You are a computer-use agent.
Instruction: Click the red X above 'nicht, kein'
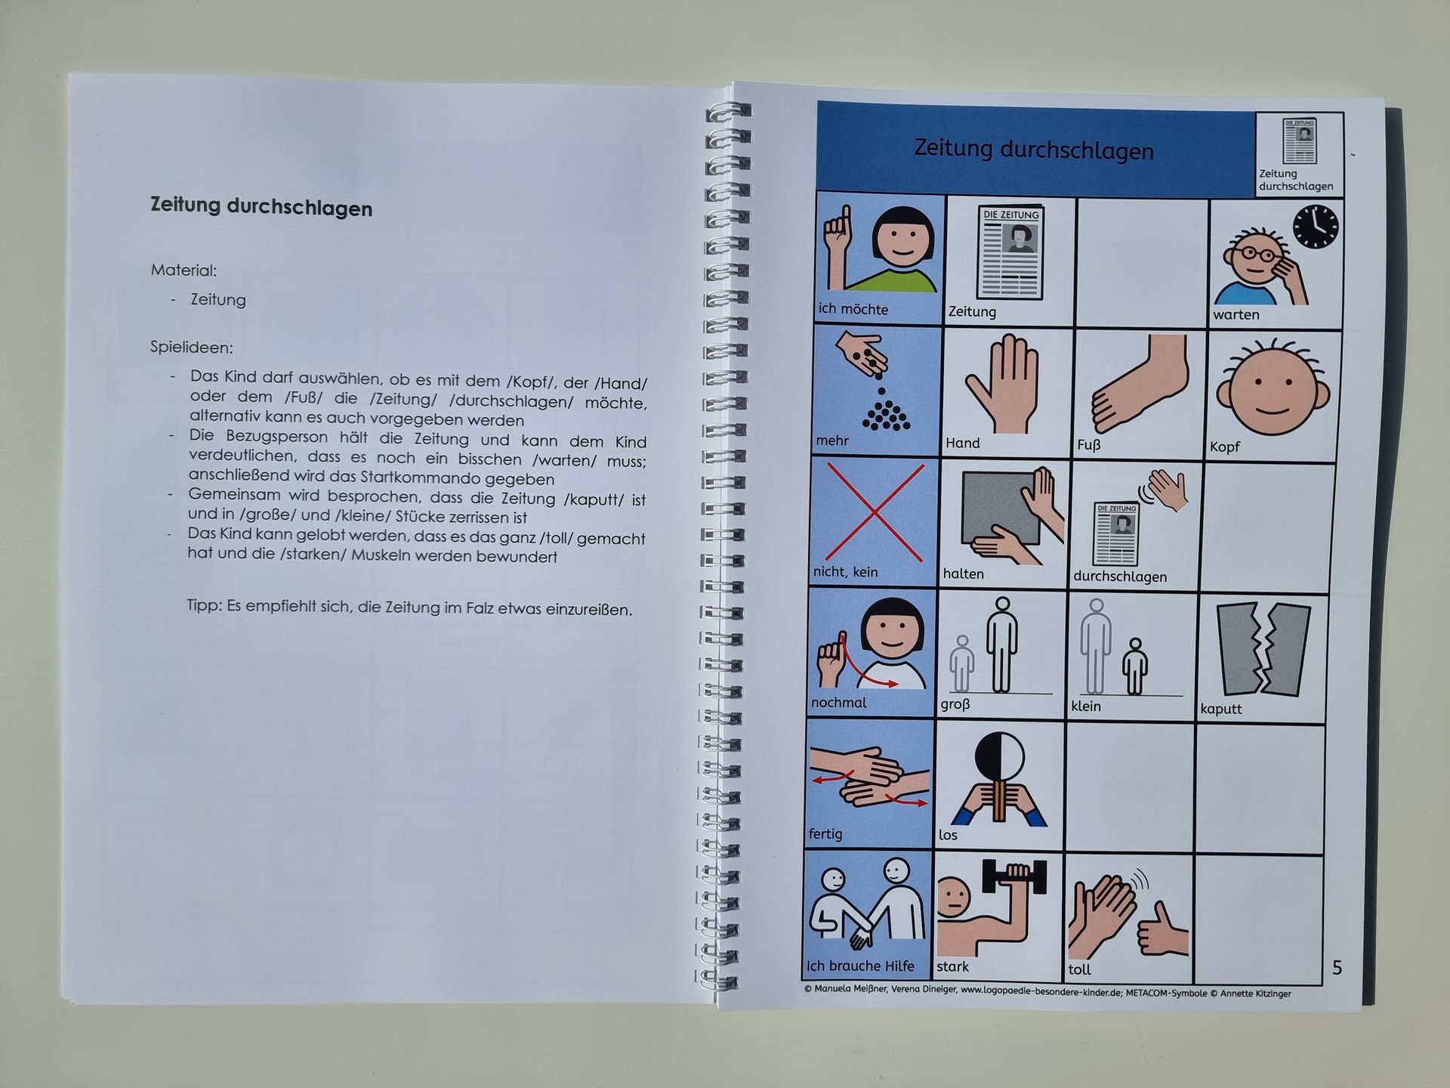click(875, 512)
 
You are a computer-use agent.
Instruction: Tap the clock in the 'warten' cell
click(1316, 227)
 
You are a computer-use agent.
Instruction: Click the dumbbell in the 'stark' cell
click(1014, 876)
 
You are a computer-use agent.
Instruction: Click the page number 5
click(1337, 968)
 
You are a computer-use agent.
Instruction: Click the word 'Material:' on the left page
click(184, 270)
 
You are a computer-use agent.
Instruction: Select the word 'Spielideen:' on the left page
click(192, 348)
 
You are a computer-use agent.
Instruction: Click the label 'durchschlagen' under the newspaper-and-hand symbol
click(1120, 576)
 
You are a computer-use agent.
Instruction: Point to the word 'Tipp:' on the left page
click(205, 606)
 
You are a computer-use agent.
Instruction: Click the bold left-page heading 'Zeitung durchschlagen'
click(261, 207)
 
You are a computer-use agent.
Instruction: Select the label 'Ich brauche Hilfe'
click(859, 966)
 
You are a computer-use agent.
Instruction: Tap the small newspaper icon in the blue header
click(1300, 141)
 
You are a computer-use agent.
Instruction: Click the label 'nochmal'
click(838, 703)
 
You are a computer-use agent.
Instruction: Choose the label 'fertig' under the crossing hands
click(825, 834)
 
